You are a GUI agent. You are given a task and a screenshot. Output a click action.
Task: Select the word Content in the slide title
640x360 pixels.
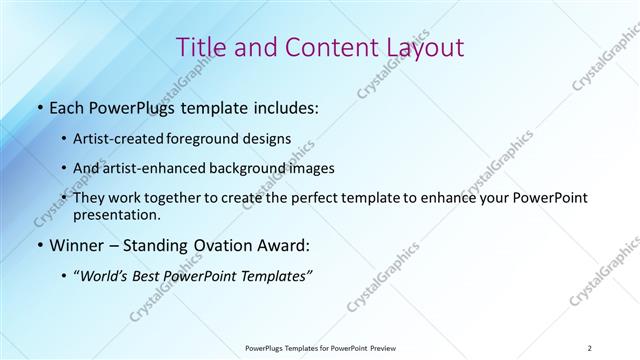point(325,49)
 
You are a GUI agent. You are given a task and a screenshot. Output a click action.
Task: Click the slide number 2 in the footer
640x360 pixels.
point(590,347)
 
